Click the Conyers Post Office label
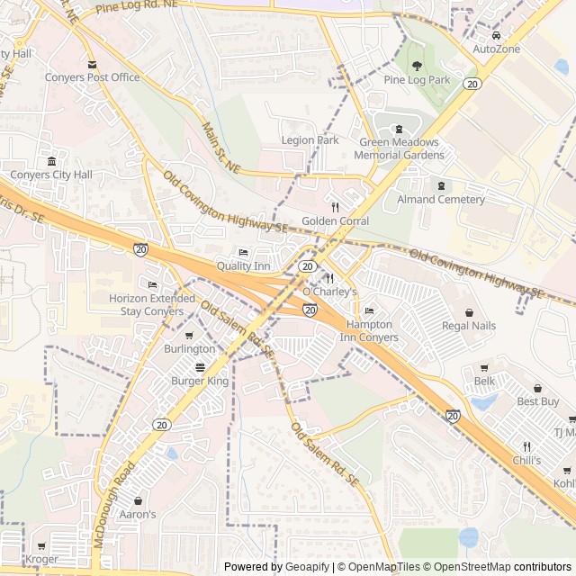point(93,77)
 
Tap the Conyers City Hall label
point(51,175)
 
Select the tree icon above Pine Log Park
point(417,66)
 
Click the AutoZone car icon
point(496,35)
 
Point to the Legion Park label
point(310,140)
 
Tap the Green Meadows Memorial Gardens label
point(399,148)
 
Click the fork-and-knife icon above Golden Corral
point(335,206)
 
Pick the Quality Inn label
point(243,266)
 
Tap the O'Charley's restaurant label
point(329,292)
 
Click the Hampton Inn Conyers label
point(369,331)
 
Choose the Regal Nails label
point(469,326)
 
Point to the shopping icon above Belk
point(484,367)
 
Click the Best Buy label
point(538,401)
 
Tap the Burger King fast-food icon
point(200,366)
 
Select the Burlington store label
point(190,349)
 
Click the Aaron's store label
point(138,515)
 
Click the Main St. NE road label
point(220,148)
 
